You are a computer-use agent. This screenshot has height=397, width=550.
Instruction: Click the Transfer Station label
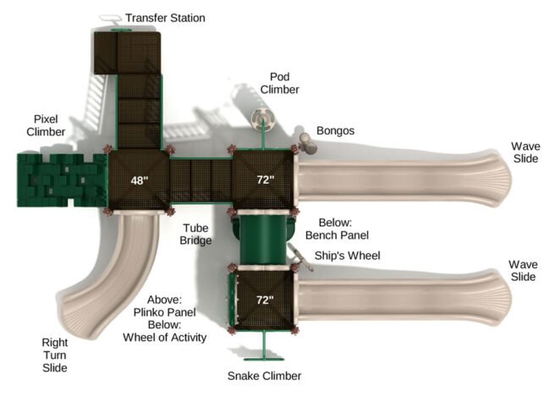click(164, 18)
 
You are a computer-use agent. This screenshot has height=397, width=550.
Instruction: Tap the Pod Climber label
click(280, 82)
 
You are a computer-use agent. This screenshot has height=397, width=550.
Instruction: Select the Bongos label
click(335, 131)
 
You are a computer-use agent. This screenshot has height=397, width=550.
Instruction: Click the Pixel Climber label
click(46, 125)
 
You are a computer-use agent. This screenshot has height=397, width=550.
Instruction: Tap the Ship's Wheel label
click(347, 256)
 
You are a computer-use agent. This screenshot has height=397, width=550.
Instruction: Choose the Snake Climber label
click(264, 376)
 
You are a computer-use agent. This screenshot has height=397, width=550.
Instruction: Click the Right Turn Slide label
click(55, 355)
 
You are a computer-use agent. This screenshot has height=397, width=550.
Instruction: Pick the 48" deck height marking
click(140, 180)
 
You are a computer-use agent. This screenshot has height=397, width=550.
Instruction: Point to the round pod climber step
click(261, 115)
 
